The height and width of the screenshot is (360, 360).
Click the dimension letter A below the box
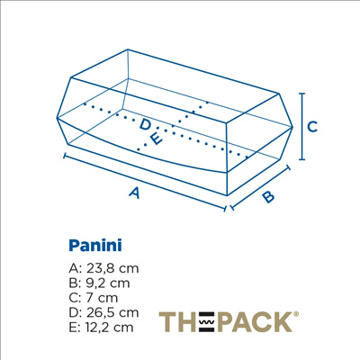pos(135,192)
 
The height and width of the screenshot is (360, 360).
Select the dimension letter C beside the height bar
pos(312,127)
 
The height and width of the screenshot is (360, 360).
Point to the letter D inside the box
pos(145,124)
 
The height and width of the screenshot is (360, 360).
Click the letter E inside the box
pos(156,139)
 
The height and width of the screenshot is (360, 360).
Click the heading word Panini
pos(94,244)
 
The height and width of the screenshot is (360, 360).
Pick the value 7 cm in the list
pos(102,297)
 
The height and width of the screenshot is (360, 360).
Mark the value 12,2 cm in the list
pos(112,327)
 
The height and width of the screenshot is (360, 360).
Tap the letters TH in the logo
pos(176,321)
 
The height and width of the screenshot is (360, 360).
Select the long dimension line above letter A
pos(144,179)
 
